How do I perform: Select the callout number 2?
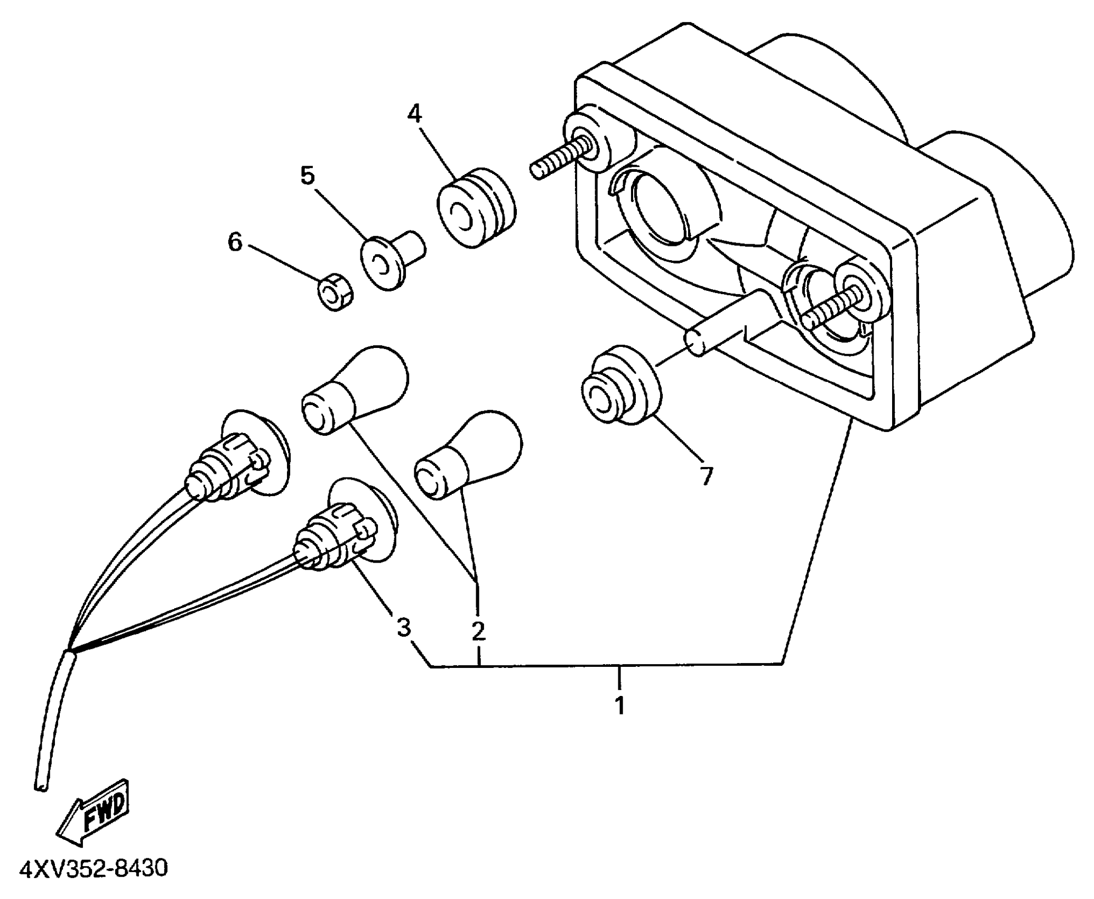pyautogui.click(x=478, y=631)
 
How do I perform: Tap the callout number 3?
pyautogui.click(x=404, y=628)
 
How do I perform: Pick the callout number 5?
pyautogui.click(x=307, y=175)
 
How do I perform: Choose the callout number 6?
pyautogui.click(x=235, y=243)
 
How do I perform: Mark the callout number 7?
pyautogui.click(x=706, y=475)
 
